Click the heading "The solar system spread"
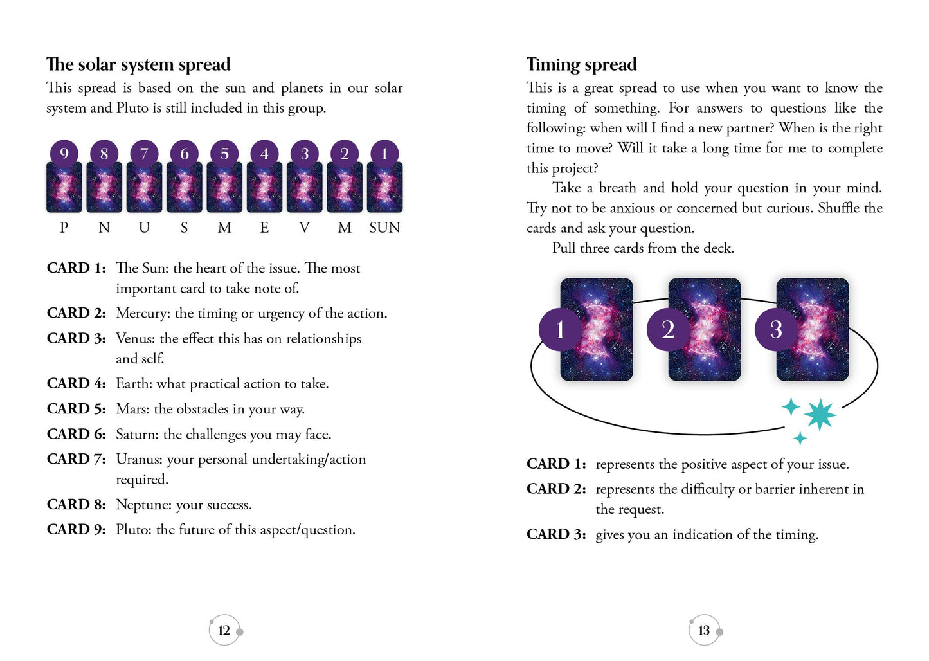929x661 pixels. click(138, 64)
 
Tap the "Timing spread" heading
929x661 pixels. click(581, 64)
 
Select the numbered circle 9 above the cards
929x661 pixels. click(64, 154)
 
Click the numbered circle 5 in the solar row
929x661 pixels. click(224, 154)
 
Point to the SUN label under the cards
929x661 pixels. click(384, 228)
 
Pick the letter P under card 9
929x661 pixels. click(64, 228)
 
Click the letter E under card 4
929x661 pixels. click(264, 228)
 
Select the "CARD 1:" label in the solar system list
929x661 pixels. click(76, 268)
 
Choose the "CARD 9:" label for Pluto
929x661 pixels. click(76, 530)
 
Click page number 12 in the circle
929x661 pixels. click(224, 630)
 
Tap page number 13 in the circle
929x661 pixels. click(704, 630)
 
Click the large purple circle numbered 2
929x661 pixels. click(668, 329)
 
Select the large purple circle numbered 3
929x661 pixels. click(776, 329)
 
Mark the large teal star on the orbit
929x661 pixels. click(820, 415)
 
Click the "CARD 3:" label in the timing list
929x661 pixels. click(555, 534)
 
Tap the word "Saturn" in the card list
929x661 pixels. click(136, 435)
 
